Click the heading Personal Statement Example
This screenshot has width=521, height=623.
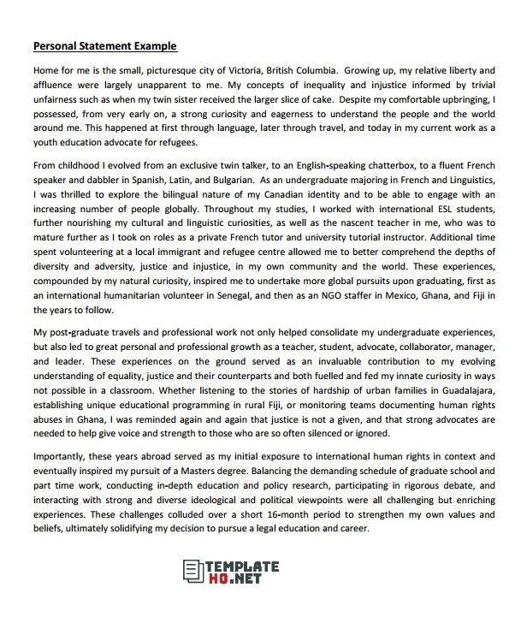click(104, 45)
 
